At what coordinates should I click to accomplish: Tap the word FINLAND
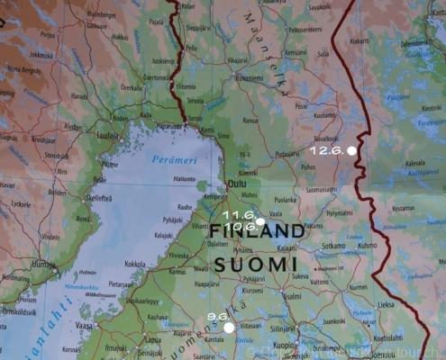(x=257, y=232)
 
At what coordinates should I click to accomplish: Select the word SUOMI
(x=256, y=264)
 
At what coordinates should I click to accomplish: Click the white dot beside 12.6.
(x=351, y=151)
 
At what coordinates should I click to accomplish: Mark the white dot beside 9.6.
(x=230, y=328)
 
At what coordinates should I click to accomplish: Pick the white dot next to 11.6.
(x=259, y=220)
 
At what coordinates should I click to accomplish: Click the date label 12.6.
(x=327, y=149)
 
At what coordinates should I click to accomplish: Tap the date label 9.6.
(x=215, y=317)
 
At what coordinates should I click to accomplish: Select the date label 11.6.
(x=239, y=216)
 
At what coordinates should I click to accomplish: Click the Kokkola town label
(x=135, y=264)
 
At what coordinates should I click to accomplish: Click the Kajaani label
(x=287, y=247)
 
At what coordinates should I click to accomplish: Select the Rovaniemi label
(x=249, y=78)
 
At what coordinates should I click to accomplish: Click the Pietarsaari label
(x=122, y=283)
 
